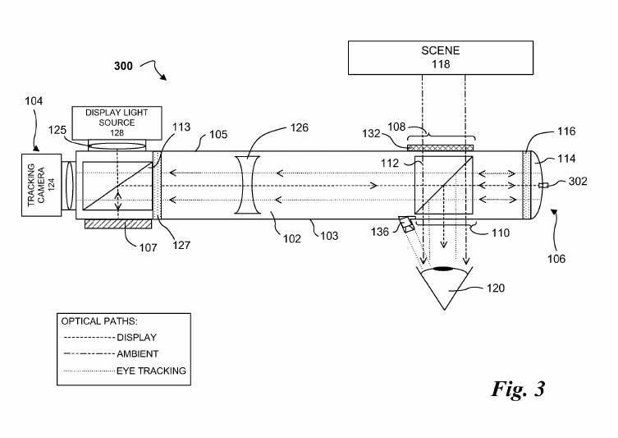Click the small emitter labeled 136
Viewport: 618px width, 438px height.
tap(406, 224)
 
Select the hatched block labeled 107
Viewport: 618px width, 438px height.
tap(118, 224)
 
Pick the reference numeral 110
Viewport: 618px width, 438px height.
tap(500, 233)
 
